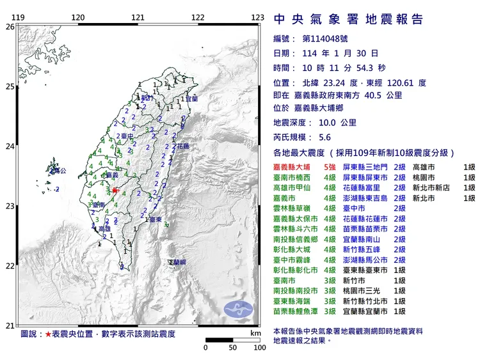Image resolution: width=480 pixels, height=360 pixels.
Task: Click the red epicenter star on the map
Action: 115,191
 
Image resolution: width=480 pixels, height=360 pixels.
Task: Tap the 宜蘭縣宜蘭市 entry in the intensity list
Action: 366,311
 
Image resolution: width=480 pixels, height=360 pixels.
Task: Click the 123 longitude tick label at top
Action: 257,17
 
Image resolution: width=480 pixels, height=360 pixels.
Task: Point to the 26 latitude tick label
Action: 9,27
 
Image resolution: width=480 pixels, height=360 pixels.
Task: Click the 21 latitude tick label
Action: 9,325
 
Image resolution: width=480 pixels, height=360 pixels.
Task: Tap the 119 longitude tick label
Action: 19,17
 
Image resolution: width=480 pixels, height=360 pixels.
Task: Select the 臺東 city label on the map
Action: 154,219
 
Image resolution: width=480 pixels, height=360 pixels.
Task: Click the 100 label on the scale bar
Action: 259,348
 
